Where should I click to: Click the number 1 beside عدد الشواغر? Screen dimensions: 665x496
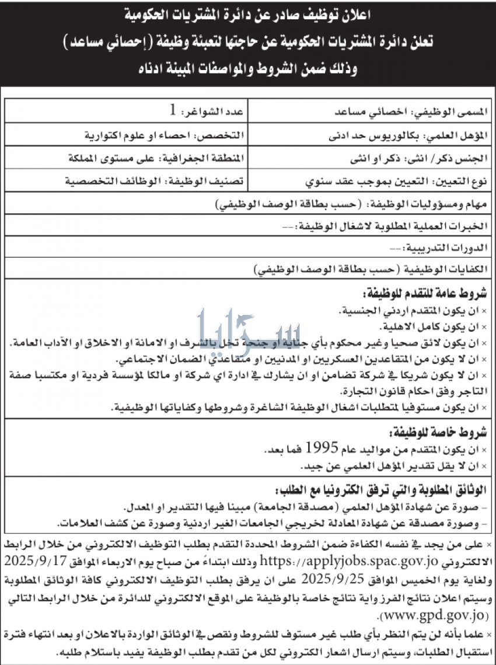point(172,109)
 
